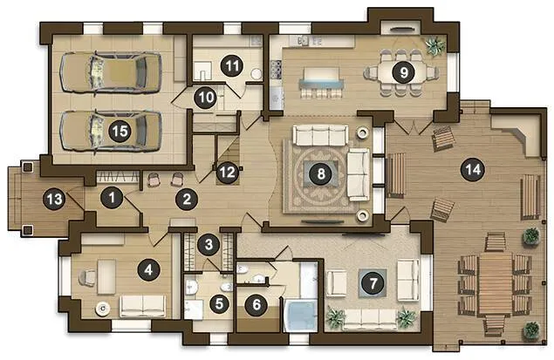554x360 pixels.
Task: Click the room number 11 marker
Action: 231,66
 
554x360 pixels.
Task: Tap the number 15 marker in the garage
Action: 120,132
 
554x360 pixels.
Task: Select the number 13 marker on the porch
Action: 54,200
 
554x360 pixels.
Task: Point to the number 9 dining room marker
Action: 403,72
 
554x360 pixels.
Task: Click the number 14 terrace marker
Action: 473,170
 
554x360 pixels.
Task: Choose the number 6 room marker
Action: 256,304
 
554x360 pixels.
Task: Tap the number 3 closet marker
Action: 209,244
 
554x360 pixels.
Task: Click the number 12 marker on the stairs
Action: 227,173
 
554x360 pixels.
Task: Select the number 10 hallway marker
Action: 206,97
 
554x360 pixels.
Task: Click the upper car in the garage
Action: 111,72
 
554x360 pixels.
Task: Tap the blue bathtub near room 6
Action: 301,316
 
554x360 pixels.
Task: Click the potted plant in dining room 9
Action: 435,45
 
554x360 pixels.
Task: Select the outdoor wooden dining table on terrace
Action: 495,284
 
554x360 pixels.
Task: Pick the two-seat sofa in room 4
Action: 143,306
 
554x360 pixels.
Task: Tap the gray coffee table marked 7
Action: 373,283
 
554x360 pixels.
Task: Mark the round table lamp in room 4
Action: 103,309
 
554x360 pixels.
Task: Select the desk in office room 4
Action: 106,276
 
